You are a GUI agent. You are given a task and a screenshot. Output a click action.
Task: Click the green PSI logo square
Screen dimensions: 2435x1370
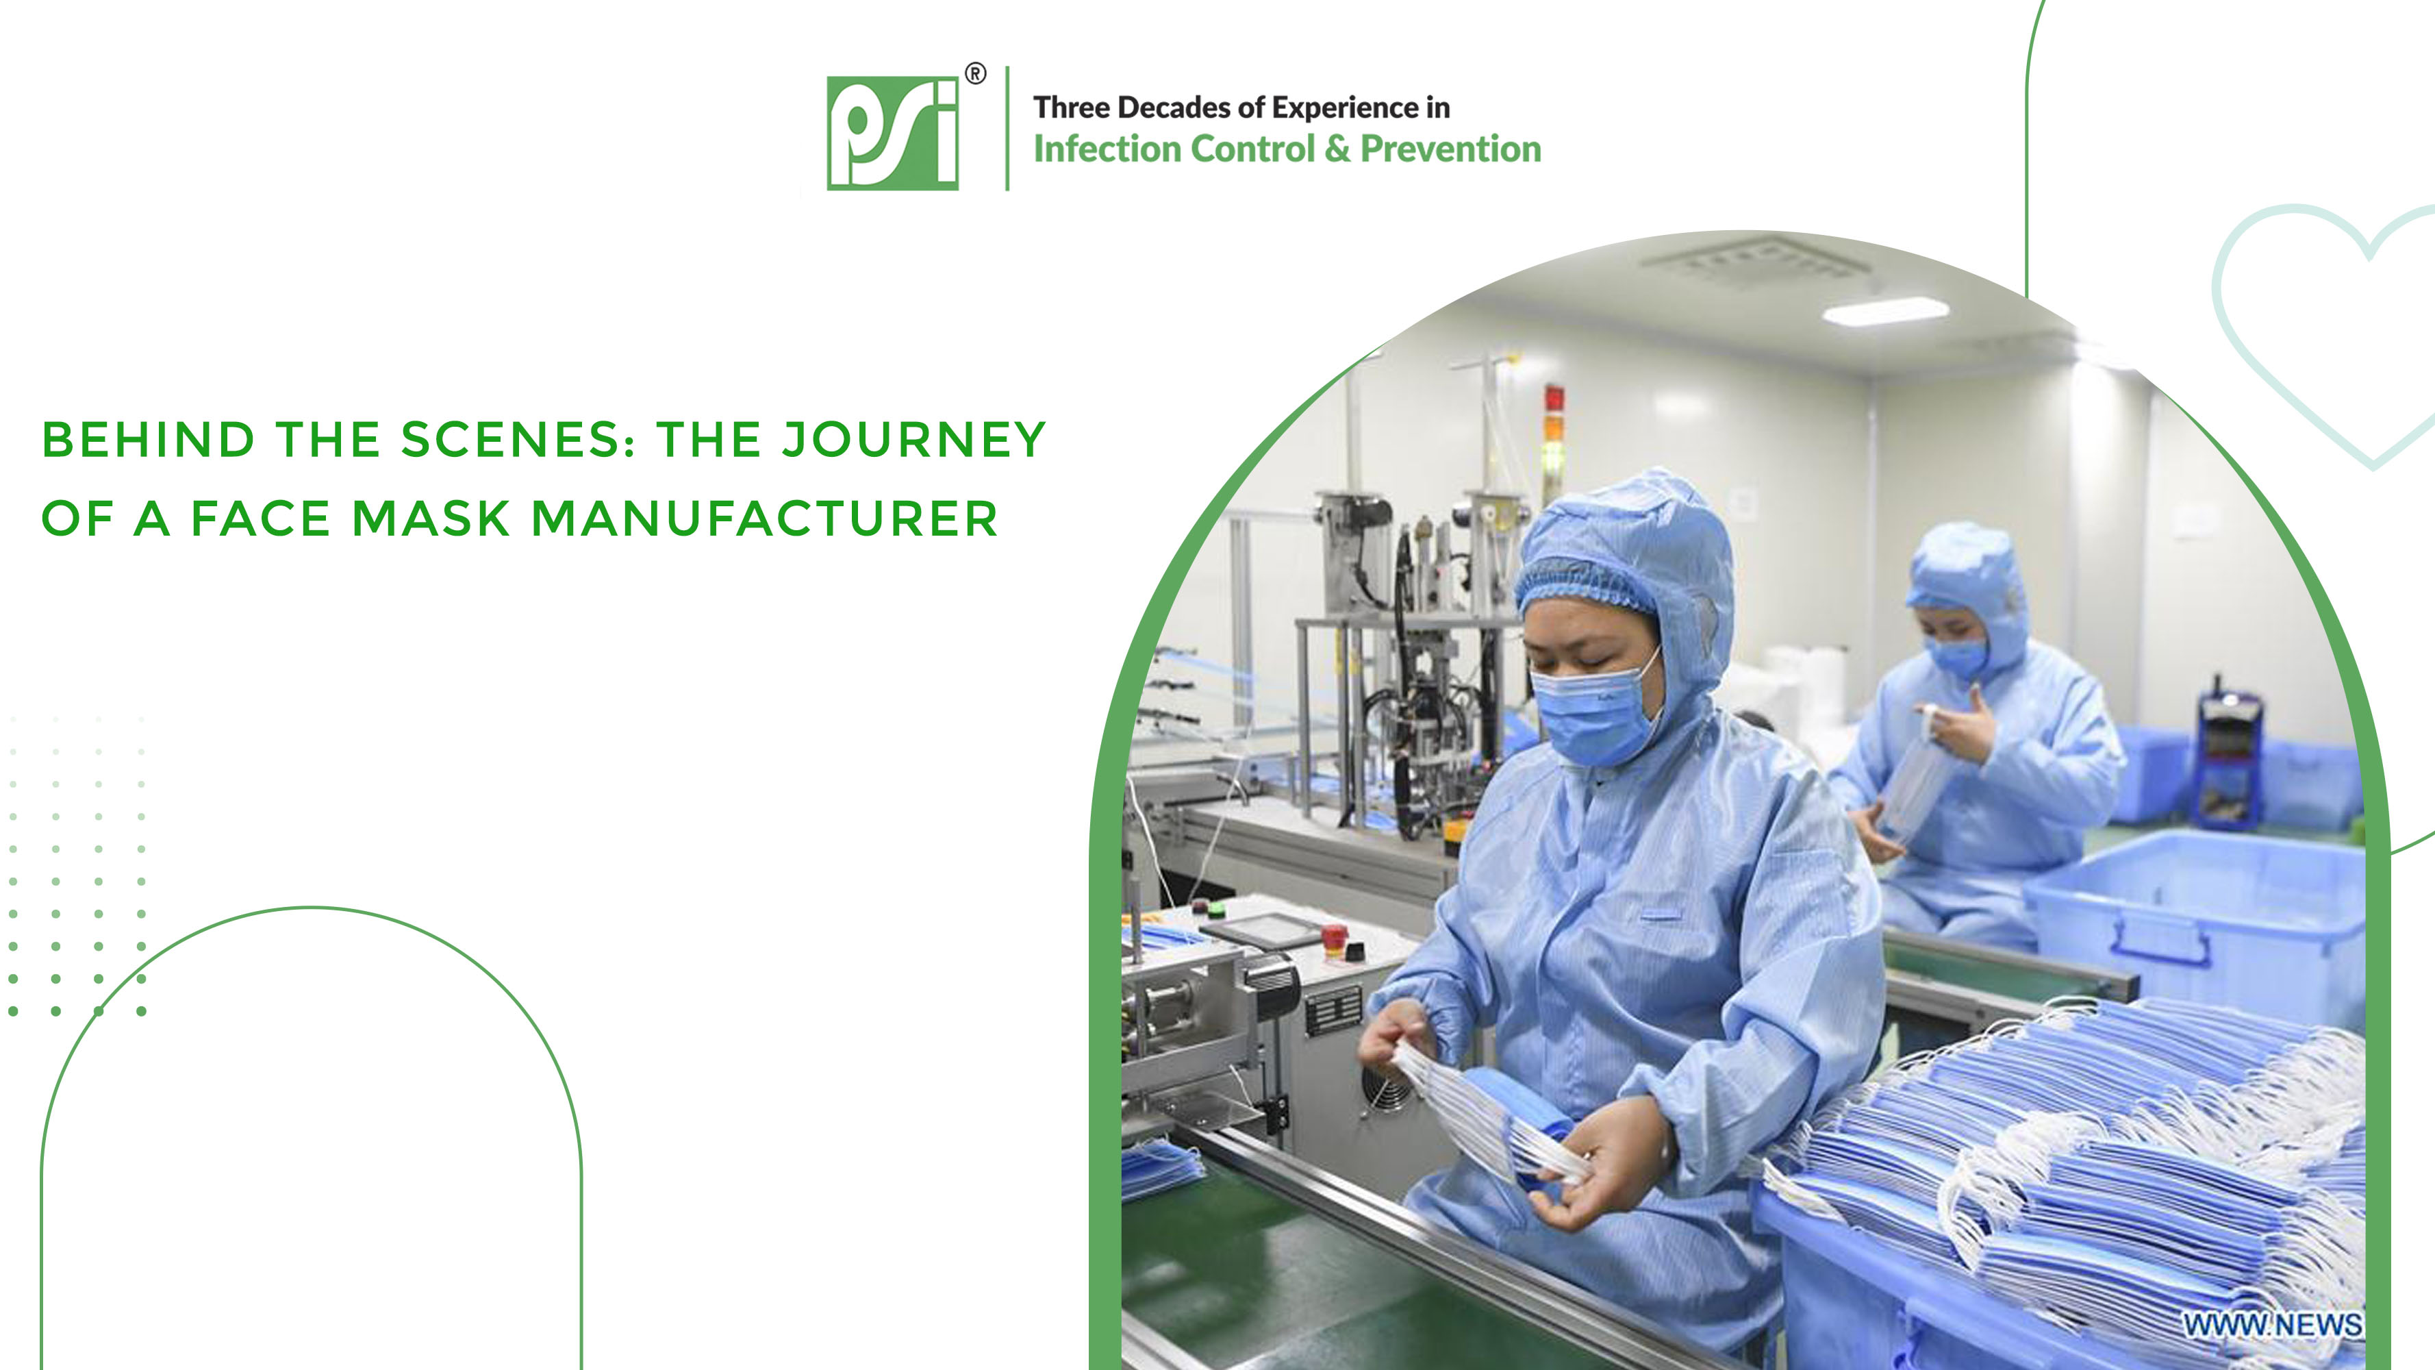(892, 134)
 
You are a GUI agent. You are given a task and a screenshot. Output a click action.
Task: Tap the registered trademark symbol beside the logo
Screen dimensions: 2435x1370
(974, 74)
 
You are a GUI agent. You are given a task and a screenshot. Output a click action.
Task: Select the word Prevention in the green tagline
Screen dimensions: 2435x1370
(1450, 149)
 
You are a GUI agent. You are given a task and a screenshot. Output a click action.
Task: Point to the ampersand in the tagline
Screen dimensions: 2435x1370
(1337, 149)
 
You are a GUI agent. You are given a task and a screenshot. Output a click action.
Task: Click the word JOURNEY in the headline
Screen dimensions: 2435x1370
(914, 440)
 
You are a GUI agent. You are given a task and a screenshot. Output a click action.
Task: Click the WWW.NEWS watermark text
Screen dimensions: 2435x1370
(2271, 1325)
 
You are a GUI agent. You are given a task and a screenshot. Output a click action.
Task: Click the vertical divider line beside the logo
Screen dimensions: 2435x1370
(1008, 129)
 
